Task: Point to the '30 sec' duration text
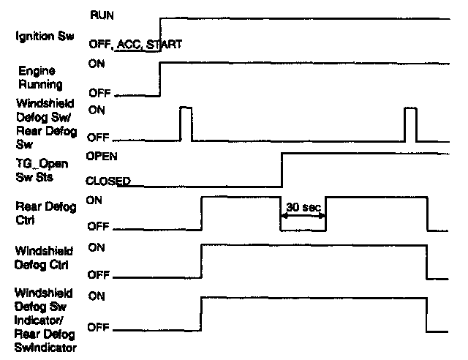pos(303,207)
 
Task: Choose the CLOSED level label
pos(108,181)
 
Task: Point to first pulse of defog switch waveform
pos(186,122)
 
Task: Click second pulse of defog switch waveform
pos(410,122)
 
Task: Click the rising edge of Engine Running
pos(159,78)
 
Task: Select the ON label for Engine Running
pos(96,64)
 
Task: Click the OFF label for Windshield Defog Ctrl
pos(98,276)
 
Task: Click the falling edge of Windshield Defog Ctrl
pos(427,262)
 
